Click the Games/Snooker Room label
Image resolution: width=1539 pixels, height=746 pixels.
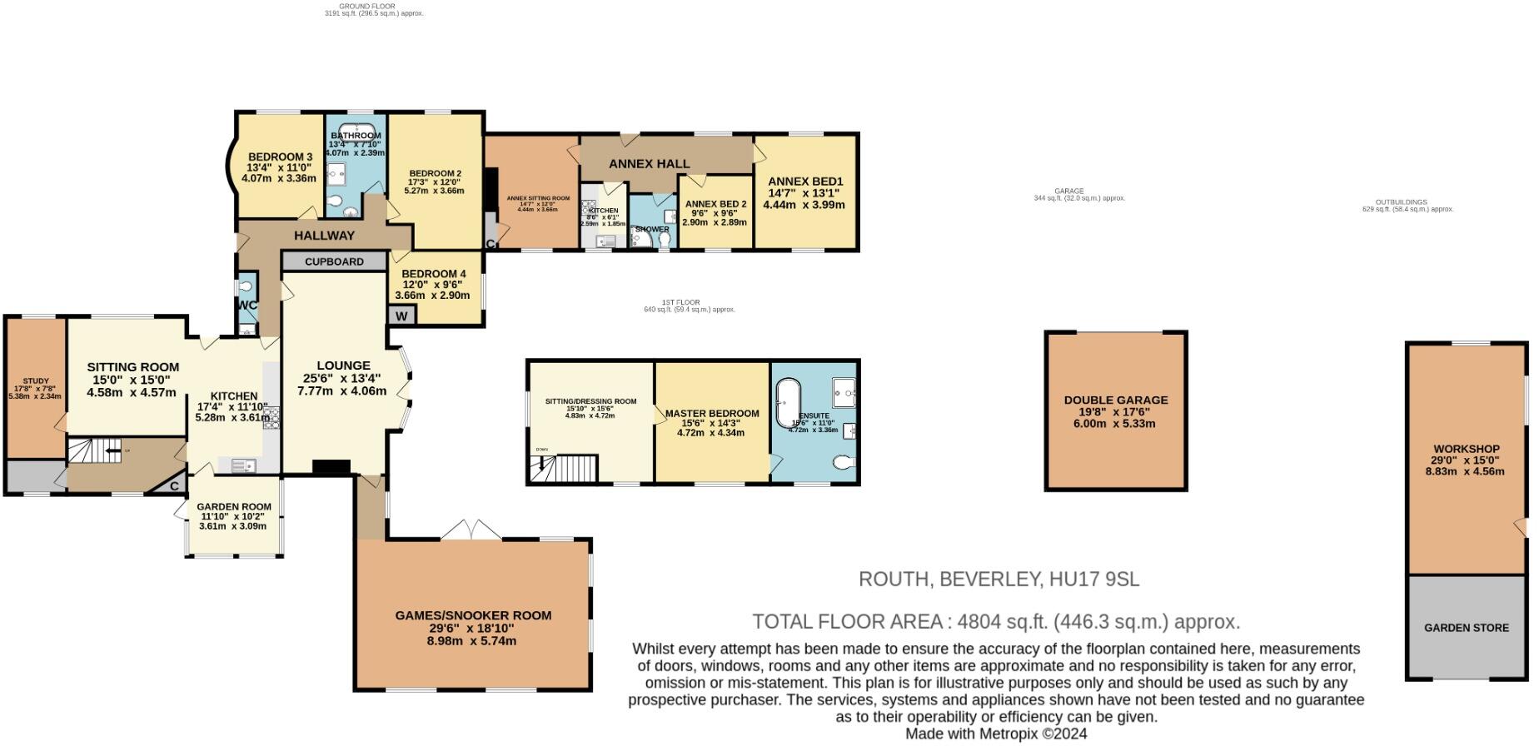[472, 616]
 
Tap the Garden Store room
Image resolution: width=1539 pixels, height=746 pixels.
[1466, 628]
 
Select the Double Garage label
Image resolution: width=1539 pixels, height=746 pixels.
[1115, 400]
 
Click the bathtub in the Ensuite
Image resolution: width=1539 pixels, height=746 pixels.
[787, 405]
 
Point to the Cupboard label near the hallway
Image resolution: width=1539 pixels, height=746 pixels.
[334, 261]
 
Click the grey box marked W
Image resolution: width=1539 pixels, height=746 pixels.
[401, 316]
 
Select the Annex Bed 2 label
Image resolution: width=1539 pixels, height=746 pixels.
[715, 205]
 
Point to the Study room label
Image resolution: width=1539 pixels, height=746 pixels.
[35, 381]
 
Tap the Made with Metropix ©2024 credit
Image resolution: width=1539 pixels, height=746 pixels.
[995, 734]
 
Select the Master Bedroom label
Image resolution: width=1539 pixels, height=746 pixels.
[712, 414]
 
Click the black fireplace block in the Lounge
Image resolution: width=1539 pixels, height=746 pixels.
[331, 468]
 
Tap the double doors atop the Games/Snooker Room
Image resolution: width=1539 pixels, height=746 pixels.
[471, 530]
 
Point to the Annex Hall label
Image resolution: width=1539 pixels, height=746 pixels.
[649, 164]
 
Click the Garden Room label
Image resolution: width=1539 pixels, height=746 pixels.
[234, 507]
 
